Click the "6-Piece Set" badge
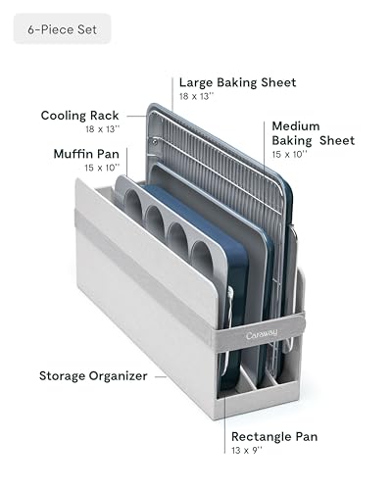coord(62,28)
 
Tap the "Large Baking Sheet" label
coord(237,82)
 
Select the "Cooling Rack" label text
coord(79,116)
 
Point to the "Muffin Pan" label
coord(86,154)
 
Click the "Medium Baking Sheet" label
coord(313,133)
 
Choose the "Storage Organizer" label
coord(93,376)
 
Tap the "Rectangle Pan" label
coord(274,436)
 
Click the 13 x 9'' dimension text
coord(247,451)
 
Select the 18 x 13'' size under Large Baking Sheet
coord(196,96)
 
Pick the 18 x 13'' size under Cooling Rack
coord(103,129)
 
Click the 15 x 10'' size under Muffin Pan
coord(102,168)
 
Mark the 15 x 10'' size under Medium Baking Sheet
coord(289,154)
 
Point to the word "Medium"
coord(296,126)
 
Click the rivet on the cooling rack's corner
coord(154,142)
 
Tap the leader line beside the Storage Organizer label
coord(161,376)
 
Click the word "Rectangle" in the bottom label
coord(256,437)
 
